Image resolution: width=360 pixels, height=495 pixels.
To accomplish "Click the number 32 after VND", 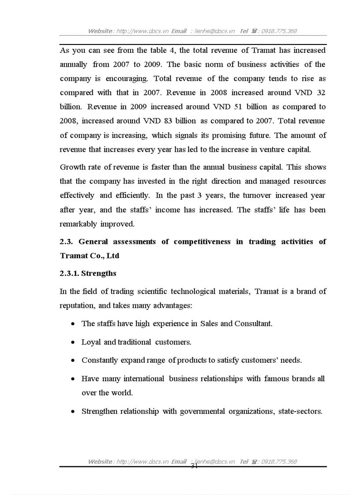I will pyautogui.click(x=321, y=93).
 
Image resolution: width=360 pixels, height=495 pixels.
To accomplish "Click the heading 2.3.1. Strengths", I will pyautogui.click(x=88, y=273).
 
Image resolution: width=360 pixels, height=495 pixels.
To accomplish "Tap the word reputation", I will pyautogui.click(x=78, y=305).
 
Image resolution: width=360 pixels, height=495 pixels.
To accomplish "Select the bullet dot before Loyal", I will pyautogui.click(x=72, y=342).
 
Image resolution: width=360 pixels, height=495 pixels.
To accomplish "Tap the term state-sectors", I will pyautogui.click(x=300, y=411).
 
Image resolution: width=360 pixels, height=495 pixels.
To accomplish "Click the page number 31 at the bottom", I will pyautogui.click(x=194, y=466).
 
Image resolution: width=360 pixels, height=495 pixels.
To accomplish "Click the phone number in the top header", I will pyautogui.click(x=279, y=31).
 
